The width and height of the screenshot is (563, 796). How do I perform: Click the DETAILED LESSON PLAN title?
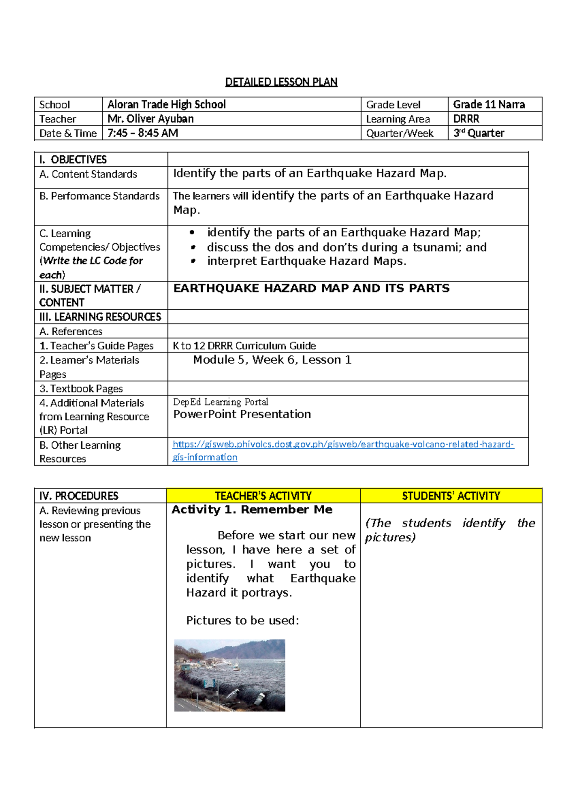281,82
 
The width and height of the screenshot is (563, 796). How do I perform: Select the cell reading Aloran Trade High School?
167,104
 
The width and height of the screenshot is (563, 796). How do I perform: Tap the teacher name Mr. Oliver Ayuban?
151,119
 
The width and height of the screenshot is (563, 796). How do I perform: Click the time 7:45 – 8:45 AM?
143,133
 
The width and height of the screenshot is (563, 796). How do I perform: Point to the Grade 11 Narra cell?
488,104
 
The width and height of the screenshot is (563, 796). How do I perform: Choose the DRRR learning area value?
466,119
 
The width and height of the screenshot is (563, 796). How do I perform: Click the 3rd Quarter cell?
479,133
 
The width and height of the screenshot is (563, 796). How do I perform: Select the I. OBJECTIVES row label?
73,160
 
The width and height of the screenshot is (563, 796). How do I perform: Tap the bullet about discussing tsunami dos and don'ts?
346,247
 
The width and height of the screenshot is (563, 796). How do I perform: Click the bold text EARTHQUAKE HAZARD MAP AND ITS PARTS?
311,288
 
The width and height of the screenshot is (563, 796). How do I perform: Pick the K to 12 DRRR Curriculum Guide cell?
244,346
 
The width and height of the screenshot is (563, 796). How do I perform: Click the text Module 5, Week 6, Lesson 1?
272,360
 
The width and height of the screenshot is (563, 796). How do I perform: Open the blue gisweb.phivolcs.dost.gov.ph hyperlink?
343,444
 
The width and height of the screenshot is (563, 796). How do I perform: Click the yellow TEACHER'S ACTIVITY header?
263,496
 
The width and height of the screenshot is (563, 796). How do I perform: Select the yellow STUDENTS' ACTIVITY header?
451,496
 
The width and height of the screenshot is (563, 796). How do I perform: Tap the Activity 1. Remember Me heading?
252,510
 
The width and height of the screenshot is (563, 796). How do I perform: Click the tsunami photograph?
229,675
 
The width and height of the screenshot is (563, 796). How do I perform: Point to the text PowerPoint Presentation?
242,414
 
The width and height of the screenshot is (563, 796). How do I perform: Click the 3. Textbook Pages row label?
81,389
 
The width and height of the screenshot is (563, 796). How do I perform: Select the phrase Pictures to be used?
242,620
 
